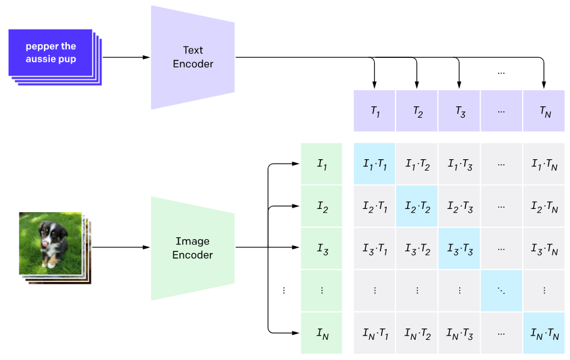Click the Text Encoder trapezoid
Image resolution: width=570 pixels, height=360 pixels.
tap(192, 57)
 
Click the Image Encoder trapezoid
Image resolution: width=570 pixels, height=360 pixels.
tap(192, 248)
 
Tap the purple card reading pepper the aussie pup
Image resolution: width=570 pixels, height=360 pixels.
tap(51, 53)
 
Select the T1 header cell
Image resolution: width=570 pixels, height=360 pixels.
tap(375, 111)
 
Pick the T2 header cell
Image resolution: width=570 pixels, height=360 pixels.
tap(417, 111)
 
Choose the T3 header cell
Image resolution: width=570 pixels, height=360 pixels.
tap(459, 111)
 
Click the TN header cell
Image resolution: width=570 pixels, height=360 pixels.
tap(544, 111)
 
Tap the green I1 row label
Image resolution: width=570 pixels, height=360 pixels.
tap(322, 164)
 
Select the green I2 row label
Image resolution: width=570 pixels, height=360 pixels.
tap(322, 206)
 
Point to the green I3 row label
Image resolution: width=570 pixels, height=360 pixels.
tap(322, 248)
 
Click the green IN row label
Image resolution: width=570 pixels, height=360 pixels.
tap(322, 332)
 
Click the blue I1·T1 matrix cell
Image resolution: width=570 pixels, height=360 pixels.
tap(375, 164)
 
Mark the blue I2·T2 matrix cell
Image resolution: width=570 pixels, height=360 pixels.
tap(417, 206)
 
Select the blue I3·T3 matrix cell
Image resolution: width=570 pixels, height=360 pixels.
tap(459, 248)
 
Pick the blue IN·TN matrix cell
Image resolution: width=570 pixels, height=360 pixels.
tap(544, 332)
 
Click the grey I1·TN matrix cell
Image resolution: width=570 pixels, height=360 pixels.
tap(544, 164)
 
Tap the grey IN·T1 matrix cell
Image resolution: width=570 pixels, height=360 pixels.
tap(375, 332)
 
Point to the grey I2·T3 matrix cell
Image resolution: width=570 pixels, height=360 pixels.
tap(459, 206)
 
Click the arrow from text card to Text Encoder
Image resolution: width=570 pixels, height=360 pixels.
tap(126, 57)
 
